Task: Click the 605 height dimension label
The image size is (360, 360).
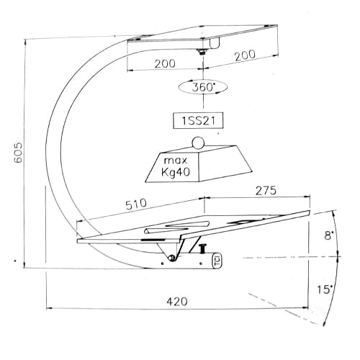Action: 18,153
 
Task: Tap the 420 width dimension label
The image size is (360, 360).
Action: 177,302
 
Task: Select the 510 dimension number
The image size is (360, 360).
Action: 136,204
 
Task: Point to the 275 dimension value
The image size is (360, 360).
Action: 266,191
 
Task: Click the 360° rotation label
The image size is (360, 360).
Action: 203,87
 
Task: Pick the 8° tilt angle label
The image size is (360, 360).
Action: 329,235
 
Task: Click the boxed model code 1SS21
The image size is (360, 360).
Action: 198,120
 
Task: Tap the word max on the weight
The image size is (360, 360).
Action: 176,161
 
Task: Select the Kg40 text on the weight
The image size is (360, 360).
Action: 176,172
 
